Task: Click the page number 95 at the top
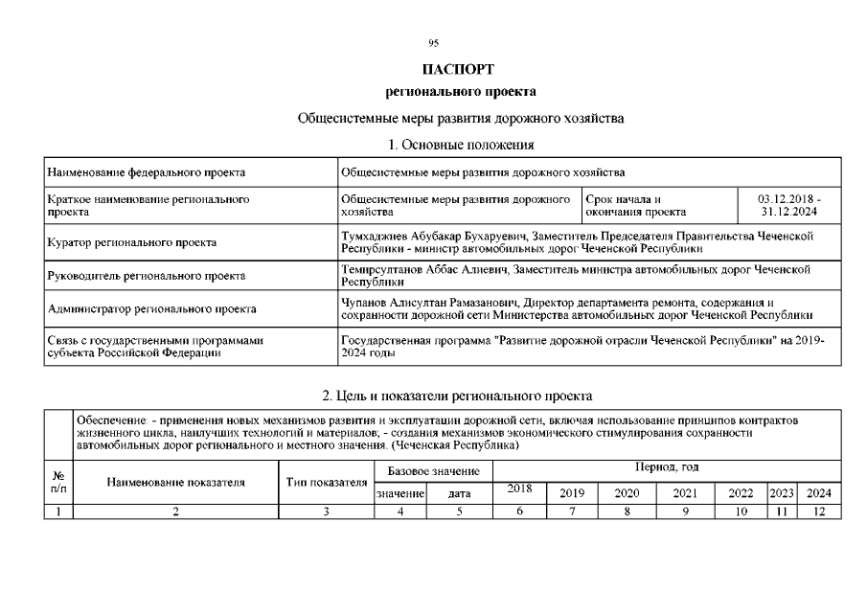(433, 43)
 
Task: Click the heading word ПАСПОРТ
(459, 70)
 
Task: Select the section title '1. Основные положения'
(460, 144)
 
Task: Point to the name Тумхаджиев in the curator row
(376, 235)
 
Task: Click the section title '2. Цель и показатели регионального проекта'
(457, 395)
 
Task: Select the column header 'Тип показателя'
(327, 481)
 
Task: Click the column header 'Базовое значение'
(433, 472)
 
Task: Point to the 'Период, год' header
(666, 466)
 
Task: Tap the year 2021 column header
(685, 493)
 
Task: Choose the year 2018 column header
(519, 489)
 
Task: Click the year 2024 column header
(819, 493)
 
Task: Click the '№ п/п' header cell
(57, 481)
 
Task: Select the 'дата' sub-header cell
(460, 494)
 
